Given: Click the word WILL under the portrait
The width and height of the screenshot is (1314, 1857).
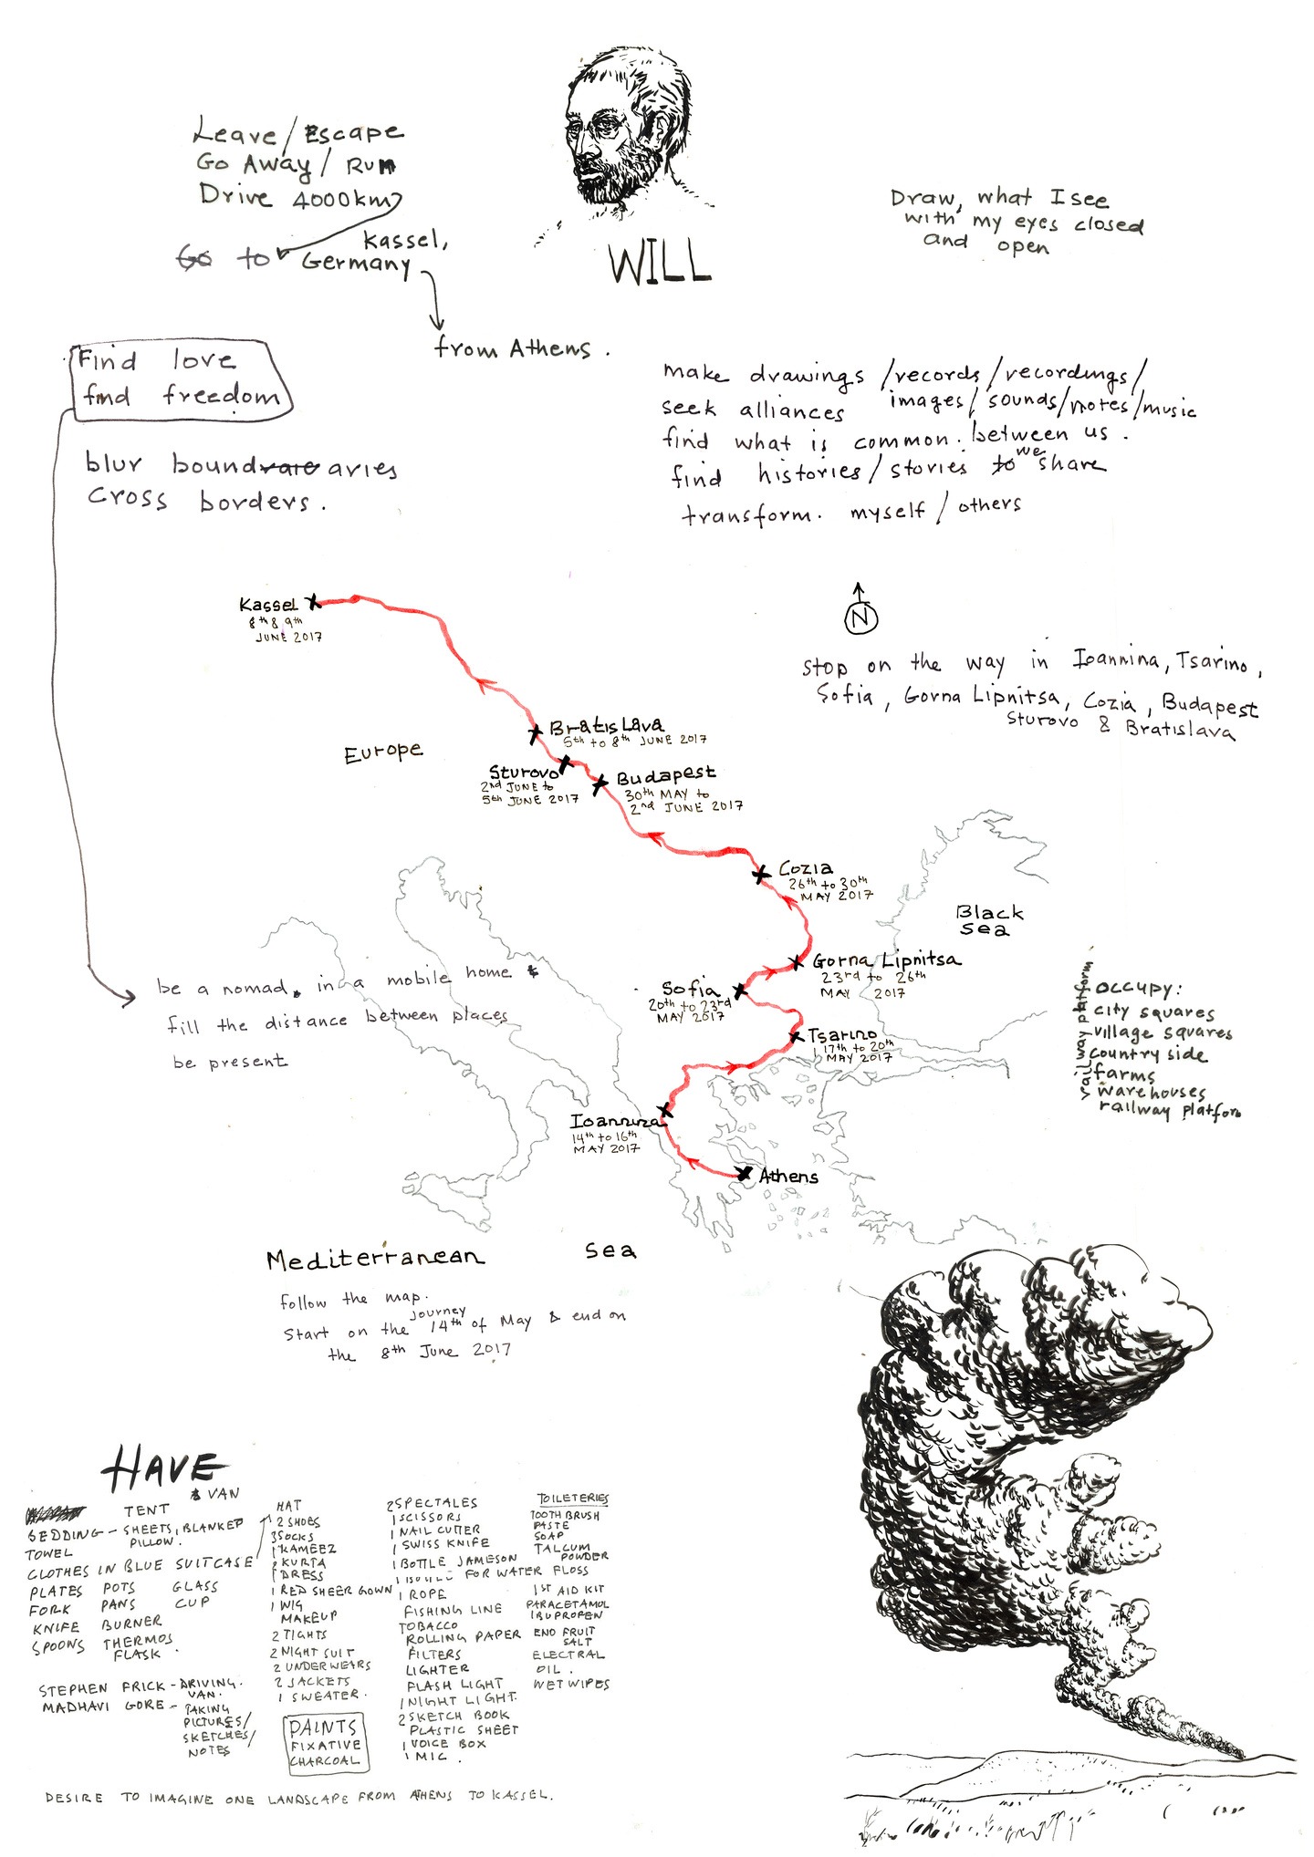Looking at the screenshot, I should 660,263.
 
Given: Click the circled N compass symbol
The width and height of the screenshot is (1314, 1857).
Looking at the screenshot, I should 860,617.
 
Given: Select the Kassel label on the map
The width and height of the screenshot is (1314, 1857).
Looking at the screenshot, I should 267,605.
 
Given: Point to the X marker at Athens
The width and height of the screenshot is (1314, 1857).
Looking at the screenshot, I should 745,1173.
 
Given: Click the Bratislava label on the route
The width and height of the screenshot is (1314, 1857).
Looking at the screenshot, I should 606,727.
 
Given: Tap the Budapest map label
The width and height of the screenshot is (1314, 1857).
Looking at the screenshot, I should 665,777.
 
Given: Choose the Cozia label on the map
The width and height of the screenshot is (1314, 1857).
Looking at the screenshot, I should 805,868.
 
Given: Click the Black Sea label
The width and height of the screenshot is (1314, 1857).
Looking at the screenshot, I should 989,920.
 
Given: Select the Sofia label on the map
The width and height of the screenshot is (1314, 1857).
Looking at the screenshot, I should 690,989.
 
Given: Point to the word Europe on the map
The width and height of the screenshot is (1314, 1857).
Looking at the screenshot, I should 383,752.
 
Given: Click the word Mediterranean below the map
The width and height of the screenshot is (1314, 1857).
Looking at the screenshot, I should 375,1260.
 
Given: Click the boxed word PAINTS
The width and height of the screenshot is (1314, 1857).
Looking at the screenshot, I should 323,1727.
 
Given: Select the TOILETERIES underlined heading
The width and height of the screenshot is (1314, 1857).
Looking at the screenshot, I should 572,1499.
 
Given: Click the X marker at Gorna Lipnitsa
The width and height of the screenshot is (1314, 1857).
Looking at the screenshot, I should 797,961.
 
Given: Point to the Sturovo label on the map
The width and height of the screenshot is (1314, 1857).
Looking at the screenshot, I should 523,773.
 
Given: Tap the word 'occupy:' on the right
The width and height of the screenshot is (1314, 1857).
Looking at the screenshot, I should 1138,989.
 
